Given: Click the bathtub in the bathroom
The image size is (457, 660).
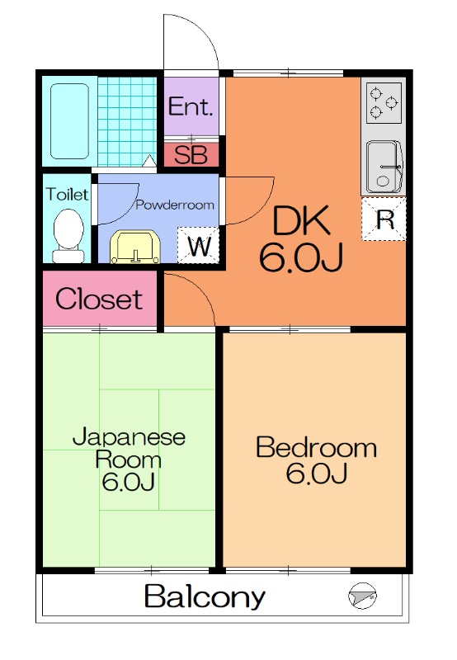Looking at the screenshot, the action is pos(70,121).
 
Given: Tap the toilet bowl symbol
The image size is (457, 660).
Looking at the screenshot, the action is pos(68,236).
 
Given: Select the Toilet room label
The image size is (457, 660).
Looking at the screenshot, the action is pos(68,195).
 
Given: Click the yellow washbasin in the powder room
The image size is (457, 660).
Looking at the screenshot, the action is pos(135,247).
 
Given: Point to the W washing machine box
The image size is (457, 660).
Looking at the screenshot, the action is pos(198,245).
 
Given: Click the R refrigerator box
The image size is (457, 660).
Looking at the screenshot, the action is pos(384,219).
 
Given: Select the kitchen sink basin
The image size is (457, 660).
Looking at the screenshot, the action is pos(384,167).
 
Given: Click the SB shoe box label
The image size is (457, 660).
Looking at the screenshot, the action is pos(191,155).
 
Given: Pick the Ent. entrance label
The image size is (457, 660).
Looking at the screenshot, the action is pos(191,106).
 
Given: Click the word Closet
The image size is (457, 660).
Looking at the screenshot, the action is pos(99,299).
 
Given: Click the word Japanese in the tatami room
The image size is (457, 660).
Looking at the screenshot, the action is pos(130,438).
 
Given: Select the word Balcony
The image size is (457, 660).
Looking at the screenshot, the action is pos(205,596).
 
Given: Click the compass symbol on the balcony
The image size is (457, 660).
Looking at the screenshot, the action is pos(362,596).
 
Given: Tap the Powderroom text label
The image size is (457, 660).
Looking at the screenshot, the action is pos(175,205).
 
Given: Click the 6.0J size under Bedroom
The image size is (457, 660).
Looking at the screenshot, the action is pos(317,473).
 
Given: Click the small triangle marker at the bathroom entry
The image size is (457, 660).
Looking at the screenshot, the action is pos(149,160).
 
